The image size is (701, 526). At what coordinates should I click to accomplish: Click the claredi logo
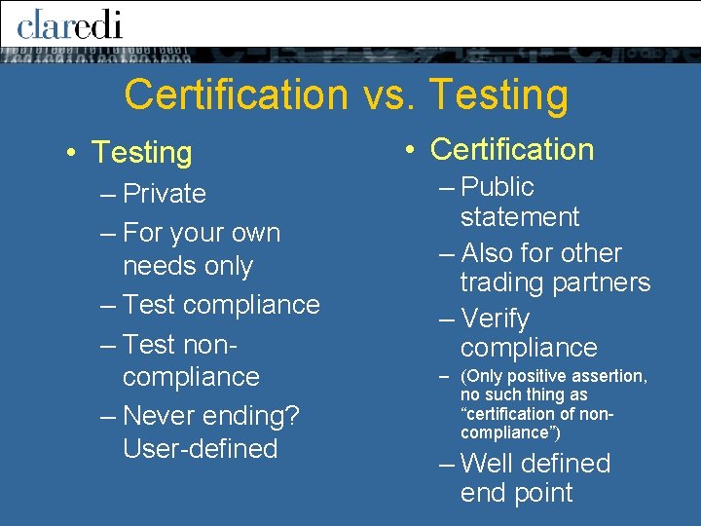[x=69, y=23]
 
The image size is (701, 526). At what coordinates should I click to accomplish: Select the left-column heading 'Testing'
[x=142, y=153]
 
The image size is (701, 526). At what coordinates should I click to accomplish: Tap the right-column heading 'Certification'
[x=511, y=150]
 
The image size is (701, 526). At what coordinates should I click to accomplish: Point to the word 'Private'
[x=165, y=194]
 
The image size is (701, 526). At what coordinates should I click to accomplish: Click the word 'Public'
[x=498, y=187]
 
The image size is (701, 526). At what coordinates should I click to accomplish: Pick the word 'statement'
[x=519, y=217]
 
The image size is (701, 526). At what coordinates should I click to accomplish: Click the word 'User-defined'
[x=201, y=449]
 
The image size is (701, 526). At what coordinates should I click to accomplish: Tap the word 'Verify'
[x=495, y=319]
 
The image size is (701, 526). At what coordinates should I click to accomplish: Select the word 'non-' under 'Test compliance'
[x=207, y=345]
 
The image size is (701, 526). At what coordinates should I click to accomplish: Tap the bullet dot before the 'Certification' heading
[x=412, y=150]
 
